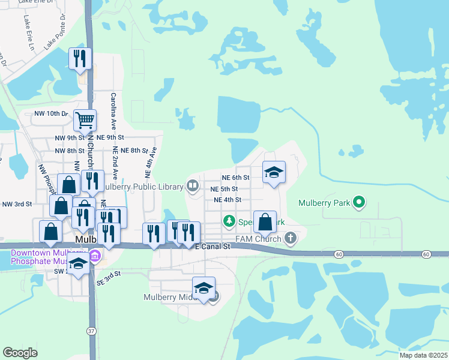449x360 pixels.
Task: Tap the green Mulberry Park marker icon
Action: pos(359,202)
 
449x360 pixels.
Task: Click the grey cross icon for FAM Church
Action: pos(291,239)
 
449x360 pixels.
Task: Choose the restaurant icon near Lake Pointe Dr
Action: pos(80,58)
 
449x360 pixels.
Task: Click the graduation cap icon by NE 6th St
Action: pos(274,173)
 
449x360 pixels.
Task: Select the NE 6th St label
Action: pos(235,178)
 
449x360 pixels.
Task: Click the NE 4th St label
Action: pos(227,200)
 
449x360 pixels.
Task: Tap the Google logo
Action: pos(20,353)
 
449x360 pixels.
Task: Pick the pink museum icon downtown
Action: pos(94,257)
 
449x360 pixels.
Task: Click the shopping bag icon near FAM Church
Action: pos(265,222)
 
